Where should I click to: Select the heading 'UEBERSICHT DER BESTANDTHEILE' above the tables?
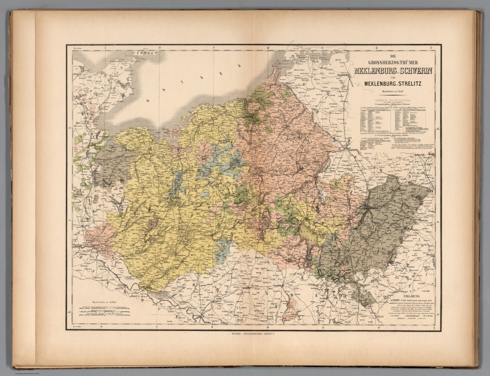pyautogui.click(x=393, y=101)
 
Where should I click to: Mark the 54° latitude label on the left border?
pyautogui.click(x=70, y=129)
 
